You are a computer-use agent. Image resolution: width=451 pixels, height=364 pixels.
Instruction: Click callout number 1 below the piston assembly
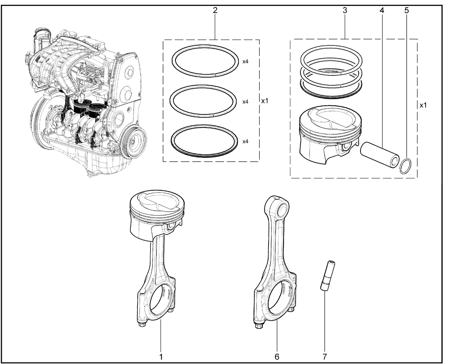pos(161,356)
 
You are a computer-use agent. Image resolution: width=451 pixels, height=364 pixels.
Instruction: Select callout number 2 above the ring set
pos(215,10)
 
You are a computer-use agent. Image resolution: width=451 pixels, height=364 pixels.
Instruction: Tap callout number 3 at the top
pos(345,10)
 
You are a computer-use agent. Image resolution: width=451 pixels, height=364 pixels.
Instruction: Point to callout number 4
pos(382,10)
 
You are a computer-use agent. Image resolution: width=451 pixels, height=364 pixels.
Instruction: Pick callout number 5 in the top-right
pos(407,10)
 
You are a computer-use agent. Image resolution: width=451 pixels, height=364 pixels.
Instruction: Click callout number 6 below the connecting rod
pos(277,356)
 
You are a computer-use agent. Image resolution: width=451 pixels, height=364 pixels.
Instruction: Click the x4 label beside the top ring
pos(246,61)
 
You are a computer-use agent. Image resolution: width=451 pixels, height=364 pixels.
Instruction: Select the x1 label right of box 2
pos(265,101)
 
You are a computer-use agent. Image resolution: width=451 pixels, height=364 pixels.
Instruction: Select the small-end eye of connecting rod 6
pos(282,210)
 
